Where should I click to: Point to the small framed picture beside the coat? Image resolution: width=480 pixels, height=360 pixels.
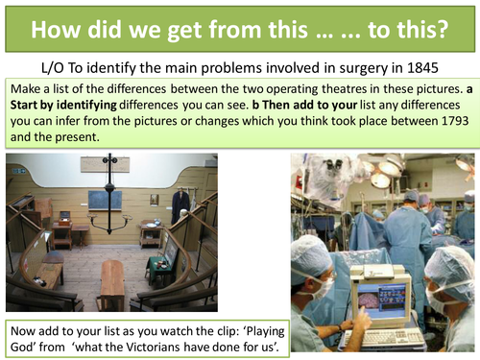click(154, 200)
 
